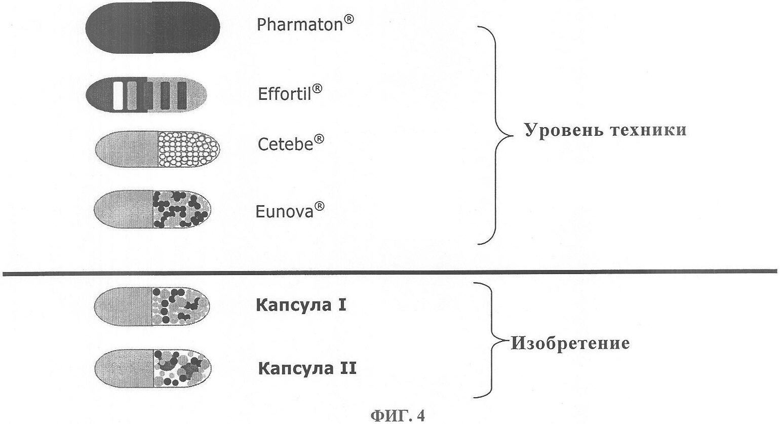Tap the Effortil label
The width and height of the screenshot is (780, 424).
click(x=290, y=93)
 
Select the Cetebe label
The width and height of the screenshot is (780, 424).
click(x=291, y=143)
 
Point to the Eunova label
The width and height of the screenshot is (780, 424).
click(x=290, y=210)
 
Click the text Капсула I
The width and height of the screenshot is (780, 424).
click(x=301, y=305)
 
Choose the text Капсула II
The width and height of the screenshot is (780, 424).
click(x=307, y=368)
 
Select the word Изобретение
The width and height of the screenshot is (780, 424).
click(x=570, y=343)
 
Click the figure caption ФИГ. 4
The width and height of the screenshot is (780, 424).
click(x=398, y=415)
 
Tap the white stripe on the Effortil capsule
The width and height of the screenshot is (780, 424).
click(x=118, y=95)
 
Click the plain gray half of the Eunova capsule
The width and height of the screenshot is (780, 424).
click(x=124, y=209)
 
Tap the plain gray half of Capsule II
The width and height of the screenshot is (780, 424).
click(x=124, y=368)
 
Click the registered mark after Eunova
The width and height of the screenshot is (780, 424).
click(x=319, y=206)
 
